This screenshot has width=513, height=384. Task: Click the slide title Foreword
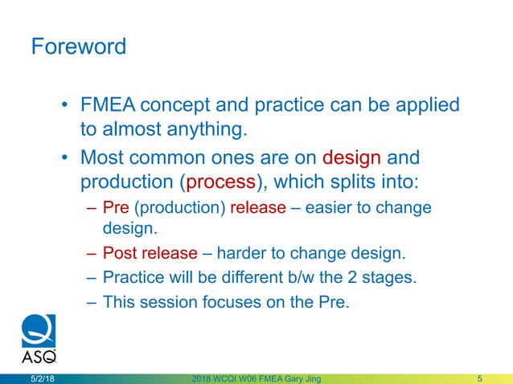tap(78, 46)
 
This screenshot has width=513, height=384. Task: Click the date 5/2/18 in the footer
tap(43, 378)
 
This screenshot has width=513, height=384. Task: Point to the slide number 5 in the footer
tap(479, 378)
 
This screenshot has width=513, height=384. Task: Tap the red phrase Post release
tap(150, 254)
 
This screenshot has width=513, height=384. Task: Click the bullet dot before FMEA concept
tap(65, 106)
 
